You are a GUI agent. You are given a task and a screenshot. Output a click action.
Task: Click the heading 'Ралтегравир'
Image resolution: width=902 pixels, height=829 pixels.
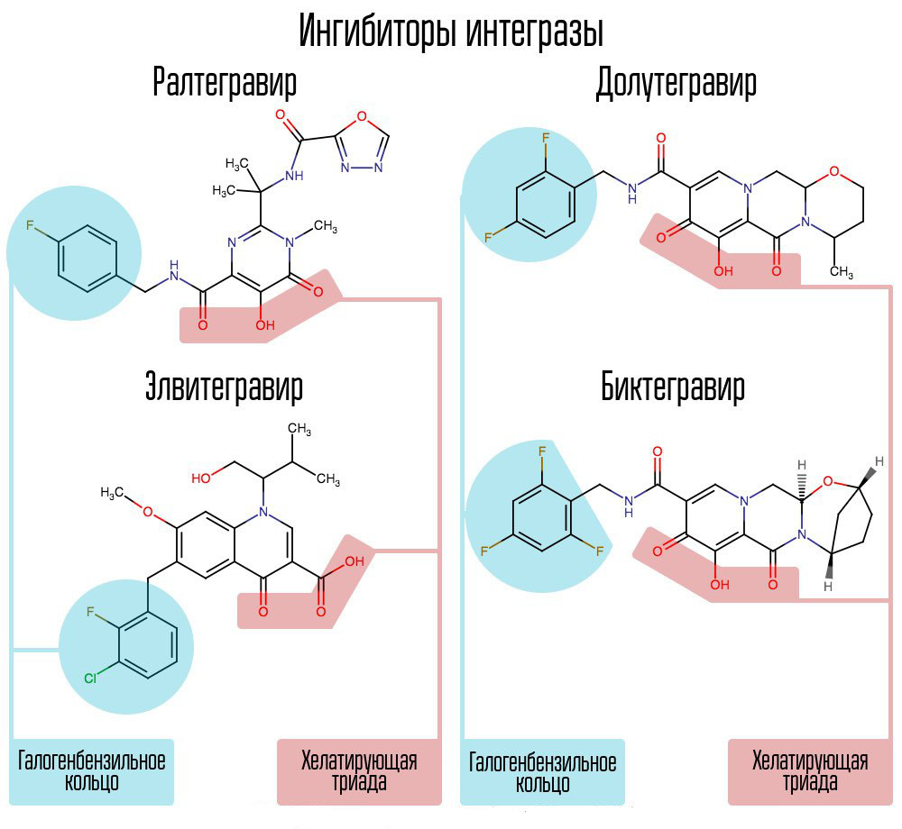point(225,84)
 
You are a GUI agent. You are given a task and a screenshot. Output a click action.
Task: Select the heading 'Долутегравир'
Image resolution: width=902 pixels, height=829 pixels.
point(676,84)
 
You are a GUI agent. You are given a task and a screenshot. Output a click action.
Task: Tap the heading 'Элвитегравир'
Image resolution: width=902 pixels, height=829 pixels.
point(225,387)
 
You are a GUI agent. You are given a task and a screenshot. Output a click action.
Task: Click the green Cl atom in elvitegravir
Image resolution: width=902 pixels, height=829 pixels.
point(90,677)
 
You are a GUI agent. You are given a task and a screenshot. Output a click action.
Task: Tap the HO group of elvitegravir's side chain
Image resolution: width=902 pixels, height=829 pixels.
point(203,475)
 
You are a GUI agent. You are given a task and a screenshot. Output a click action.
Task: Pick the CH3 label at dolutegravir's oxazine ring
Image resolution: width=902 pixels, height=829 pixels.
point(841,272)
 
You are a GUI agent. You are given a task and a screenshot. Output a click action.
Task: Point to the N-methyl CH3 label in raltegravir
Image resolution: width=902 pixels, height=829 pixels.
point(325,224)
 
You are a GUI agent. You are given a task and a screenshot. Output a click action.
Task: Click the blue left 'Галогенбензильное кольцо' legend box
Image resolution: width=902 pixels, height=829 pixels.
point(92,771)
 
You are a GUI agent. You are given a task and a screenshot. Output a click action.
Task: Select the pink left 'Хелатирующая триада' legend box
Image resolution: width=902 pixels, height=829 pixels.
point(359,771)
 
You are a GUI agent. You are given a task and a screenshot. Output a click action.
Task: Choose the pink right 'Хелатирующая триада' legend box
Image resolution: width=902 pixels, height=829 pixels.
point(809,771)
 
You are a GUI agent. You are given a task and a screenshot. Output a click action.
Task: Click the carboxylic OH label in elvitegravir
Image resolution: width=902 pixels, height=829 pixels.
point(353,560)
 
